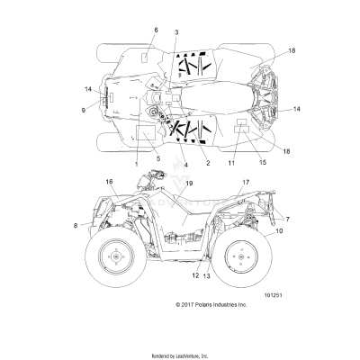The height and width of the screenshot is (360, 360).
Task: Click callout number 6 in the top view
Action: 155,30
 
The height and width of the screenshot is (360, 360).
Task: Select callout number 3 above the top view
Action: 176,32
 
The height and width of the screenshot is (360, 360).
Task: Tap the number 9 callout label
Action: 85,110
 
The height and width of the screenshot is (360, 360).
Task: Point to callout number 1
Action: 136,166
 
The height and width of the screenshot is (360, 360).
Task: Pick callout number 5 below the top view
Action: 157,158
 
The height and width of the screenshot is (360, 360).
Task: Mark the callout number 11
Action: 230,165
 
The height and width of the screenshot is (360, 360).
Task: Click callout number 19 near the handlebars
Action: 189,184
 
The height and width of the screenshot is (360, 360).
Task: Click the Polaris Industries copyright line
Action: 211,305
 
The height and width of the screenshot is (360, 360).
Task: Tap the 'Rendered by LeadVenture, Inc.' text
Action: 180,354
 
